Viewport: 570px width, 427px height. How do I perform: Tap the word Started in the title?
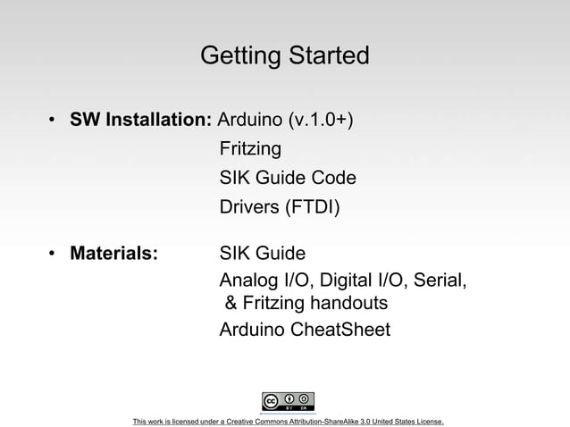point(327,56)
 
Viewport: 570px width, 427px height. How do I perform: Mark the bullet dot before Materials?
point(54,254)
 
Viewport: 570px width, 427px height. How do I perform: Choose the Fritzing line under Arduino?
point(250,149)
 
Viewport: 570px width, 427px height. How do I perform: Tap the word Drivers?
point(249,208)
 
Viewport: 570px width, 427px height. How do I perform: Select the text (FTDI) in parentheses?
point(312,208)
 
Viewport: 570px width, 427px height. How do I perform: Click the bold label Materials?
point(114,254)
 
